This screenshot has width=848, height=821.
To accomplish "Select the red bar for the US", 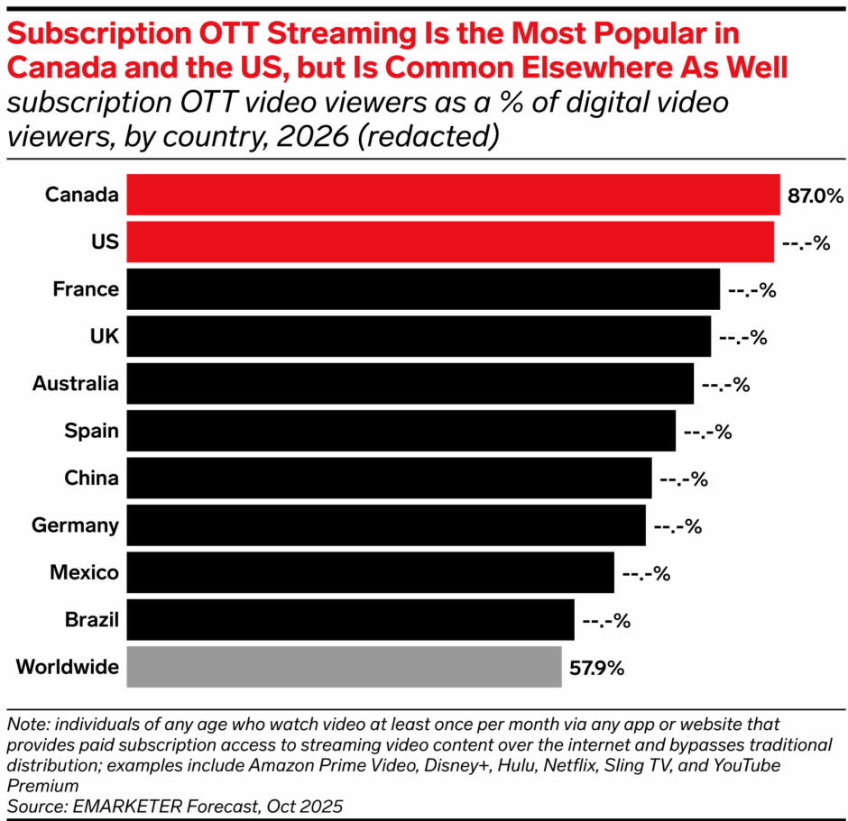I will [449, 242].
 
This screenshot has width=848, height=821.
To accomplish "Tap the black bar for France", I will [423, 289].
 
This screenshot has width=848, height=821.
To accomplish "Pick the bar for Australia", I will [410, 384].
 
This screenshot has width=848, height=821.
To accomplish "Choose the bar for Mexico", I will [370, 572].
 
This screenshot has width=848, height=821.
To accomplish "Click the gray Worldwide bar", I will [344, 667].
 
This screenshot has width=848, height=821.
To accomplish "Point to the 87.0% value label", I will [815, 196].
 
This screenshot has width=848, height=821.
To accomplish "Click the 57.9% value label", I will [596, 668].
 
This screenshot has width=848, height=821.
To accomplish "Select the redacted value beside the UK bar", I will [742, 337].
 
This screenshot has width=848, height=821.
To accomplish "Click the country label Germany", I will [75, 525].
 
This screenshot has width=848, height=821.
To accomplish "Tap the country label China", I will [91, 478].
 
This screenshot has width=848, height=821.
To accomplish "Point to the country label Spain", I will [91, 431].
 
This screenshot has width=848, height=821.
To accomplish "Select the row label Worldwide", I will [68, 667].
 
